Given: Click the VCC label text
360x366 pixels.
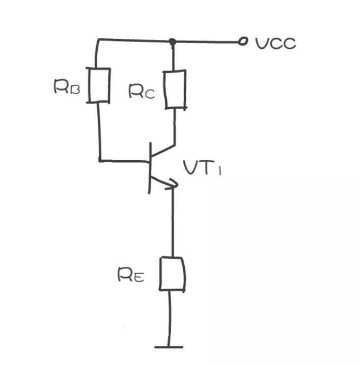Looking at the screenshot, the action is tap(276, 43).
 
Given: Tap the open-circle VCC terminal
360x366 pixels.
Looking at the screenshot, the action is tap(243, 41).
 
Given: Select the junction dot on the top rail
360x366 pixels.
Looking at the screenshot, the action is tap(173, 42).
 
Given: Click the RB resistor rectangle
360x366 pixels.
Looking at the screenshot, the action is tap(99, 85).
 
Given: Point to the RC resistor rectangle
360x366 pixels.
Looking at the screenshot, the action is tap(175, 90).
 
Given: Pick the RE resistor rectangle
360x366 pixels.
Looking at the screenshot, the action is tap(172, 274).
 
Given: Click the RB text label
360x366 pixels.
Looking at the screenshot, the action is tap(67, 86).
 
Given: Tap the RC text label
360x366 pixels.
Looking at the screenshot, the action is tap(142, 91).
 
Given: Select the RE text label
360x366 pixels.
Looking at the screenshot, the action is tap(131, 275).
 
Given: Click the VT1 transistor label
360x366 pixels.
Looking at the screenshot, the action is tap(202, 168).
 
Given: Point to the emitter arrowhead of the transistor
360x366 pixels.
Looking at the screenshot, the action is tap(173, 184).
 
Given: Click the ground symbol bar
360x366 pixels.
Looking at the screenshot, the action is tap(169, 347).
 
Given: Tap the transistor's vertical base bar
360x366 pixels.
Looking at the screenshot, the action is tap(150, 168).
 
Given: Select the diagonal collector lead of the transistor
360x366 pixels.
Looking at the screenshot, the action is tap(163, 151).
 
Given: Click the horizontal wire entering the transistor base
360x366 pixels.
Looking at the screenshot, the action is tap(124, 161).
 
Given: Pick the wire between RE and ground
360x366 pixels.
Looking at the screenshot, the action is tap(169, 319).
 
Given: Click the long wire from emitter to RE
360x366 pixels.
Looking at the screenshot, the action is tap(173, 222).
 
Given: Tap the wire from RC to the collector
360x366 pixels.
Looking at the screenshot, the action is tap(175, 127).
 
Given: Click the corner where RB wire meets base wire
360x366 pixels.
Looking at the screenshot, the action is tap(100, 161).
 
